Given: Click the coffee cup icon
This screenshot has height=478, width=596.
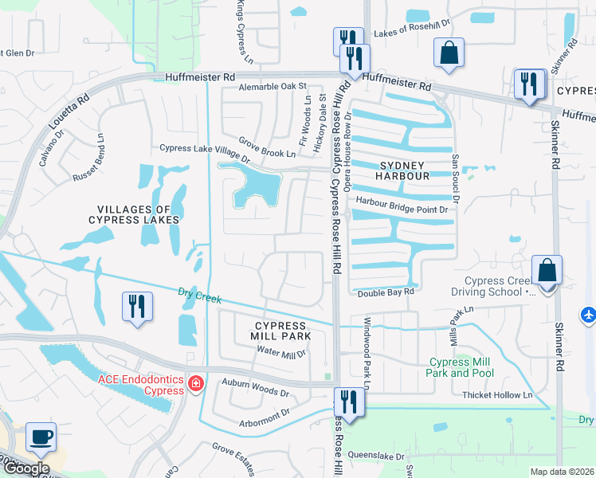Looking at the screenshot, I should coord(41,437).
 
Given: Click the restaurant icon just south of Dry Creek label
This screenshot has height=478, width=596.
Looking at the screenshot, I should coord(136,307).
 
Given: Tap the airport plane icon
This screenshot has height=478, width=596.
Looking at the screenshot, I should coord(589,315).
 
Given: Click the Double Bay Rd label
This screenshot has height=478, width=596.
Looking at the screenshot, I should coord(386,292).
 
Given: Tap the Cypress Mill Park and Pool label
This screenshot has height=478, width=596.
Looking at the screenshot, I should coord(460,367).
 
